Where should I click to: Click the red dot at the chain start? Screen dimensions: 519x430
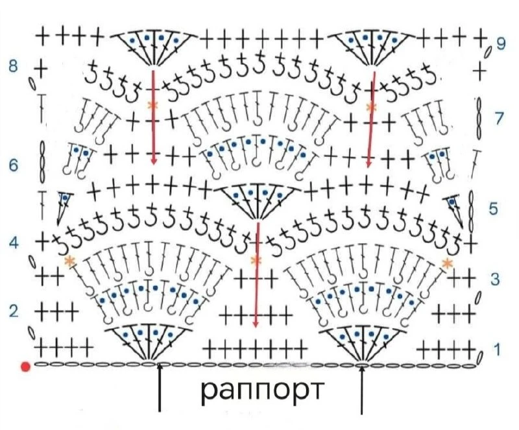click(25, 367)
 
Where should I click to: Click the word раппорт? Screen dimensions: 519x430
click(261, 391)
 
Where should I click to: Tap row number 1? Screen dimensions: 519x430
click(497, 349)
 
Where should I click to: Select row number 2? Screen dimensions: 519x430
click(14, 311)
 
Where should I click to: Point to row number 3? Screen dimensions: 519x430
click(494, 280)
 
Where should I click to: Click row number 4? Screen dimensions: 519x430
click(14, 243)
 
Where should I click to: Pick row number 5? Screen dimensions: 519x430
click(494, 209)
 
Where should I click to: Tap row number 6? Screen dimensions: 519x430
click(14, 165)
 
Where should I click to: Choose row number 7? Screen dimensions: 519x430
click(500, 118)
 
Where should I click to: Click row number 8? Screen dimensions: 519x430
click(13, 67)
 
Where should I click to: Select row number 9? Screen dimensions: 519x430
click(501, 43)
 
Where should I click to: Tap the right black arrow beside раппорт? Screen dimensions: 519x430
click(362, 390)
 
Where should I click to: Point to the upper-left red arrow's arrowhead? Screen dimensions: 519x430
click(154, 160)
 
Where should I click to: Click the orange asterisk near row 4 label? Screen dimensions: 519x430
click(69, 261)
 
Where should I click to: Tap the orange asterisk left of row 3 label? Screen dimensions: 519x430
click(447, 263)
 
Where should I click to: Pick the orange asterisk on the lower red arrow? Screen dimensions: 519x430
click(256, 261)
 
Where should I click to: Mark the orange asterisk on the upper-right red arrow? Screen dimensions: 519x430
click(372, 107)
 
